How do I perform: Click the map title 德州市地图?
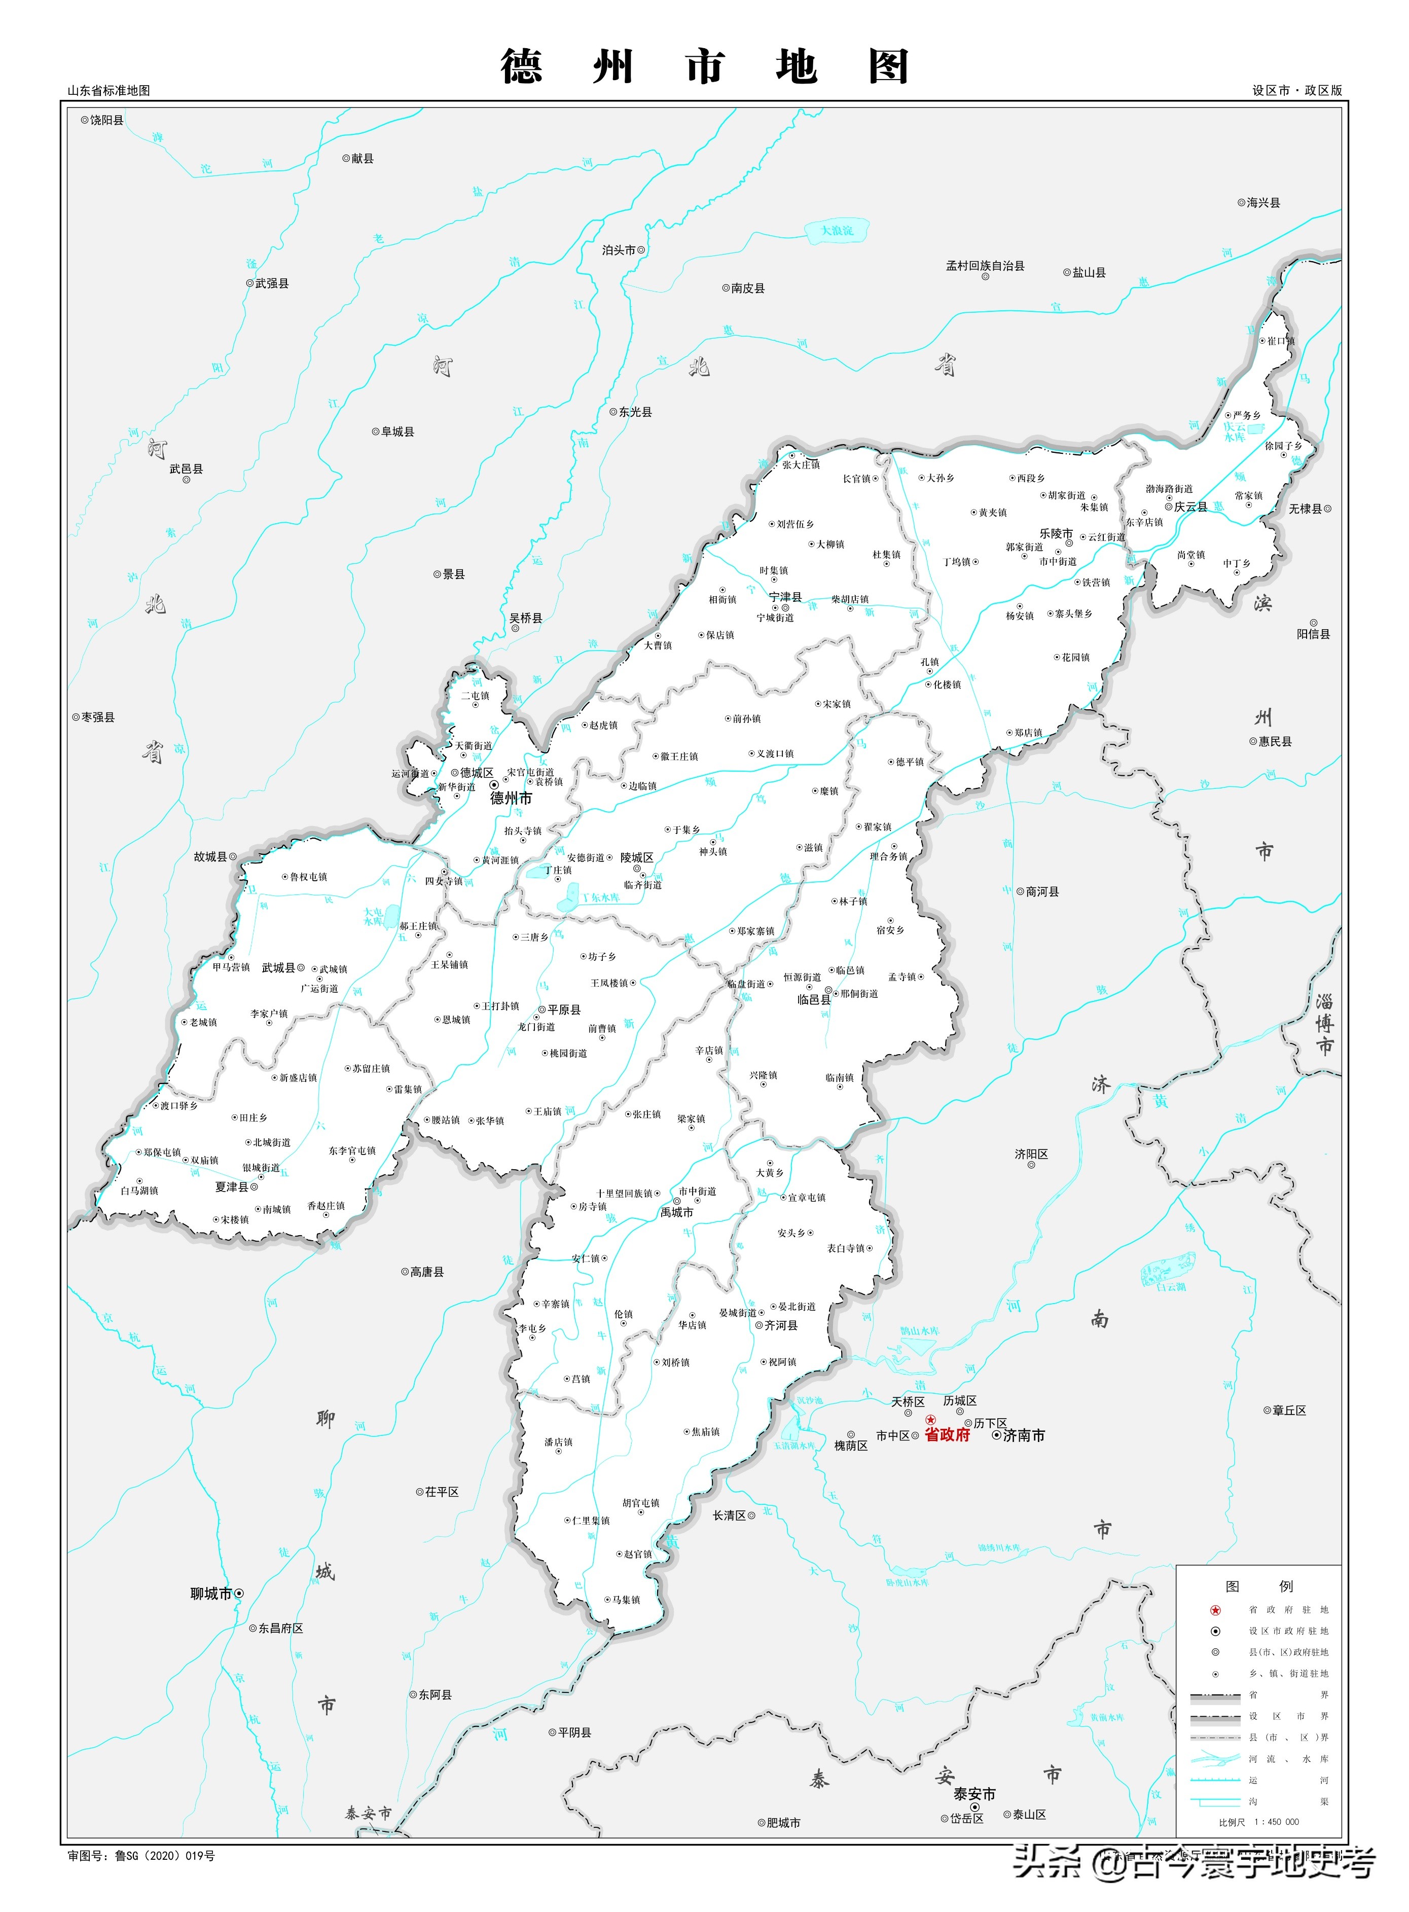click(705, 66)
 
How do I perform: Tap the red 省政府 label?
click(948, 1435)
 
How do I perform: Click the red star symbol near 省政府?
click(930, 1420)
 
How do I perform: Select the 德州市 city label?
click(511, 798)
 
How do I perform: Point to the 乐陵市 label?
click(1056, 533)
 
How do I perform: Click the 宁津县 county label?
click(785, 597)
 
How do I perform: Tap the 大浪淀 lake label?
click(837, 230)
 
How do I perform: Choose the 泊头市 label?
click(619, 250)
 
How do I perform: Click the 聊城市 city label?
click(211, 1593)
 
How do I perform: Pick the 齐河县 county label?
click(781, 1325)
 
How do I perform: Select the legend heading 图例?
click(1259, 1586)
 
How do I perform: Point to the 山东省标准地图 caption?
click(109, 90)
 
